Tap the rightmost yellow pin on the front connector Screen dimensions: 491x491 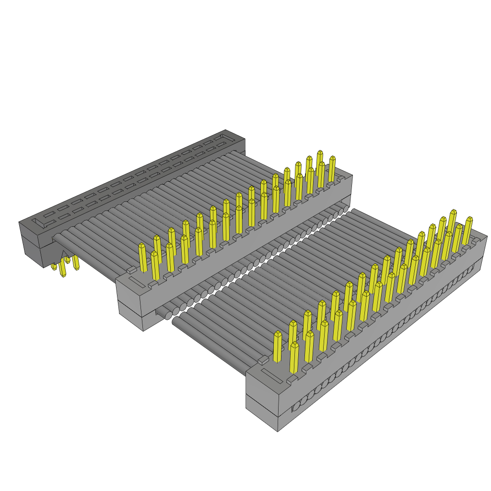point(468,230)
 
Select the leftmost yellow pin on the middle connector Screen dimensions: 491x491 point(142,257)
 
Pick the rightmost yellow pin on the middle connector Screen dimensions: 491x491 point(332,169)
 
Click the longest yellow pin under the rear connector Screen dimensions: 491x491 point(62,267)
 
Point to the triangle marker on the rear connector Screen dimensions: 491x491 point(63,254)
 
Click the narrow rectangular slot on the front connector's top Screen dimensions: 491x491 point(271,376)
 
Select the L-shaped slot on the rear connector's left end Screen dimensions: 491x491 point(38,224)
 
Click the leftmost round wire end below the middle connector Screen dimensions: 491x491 point(168,316)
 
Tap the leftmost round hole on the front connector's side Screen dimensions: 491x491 point(296,406)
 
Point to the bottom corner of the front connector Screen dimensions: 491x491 point(278,430)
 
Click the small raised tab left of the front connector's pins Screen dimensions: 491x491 point(263,360)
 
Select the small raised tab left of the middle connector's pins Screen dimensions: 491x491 point(131,270)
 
